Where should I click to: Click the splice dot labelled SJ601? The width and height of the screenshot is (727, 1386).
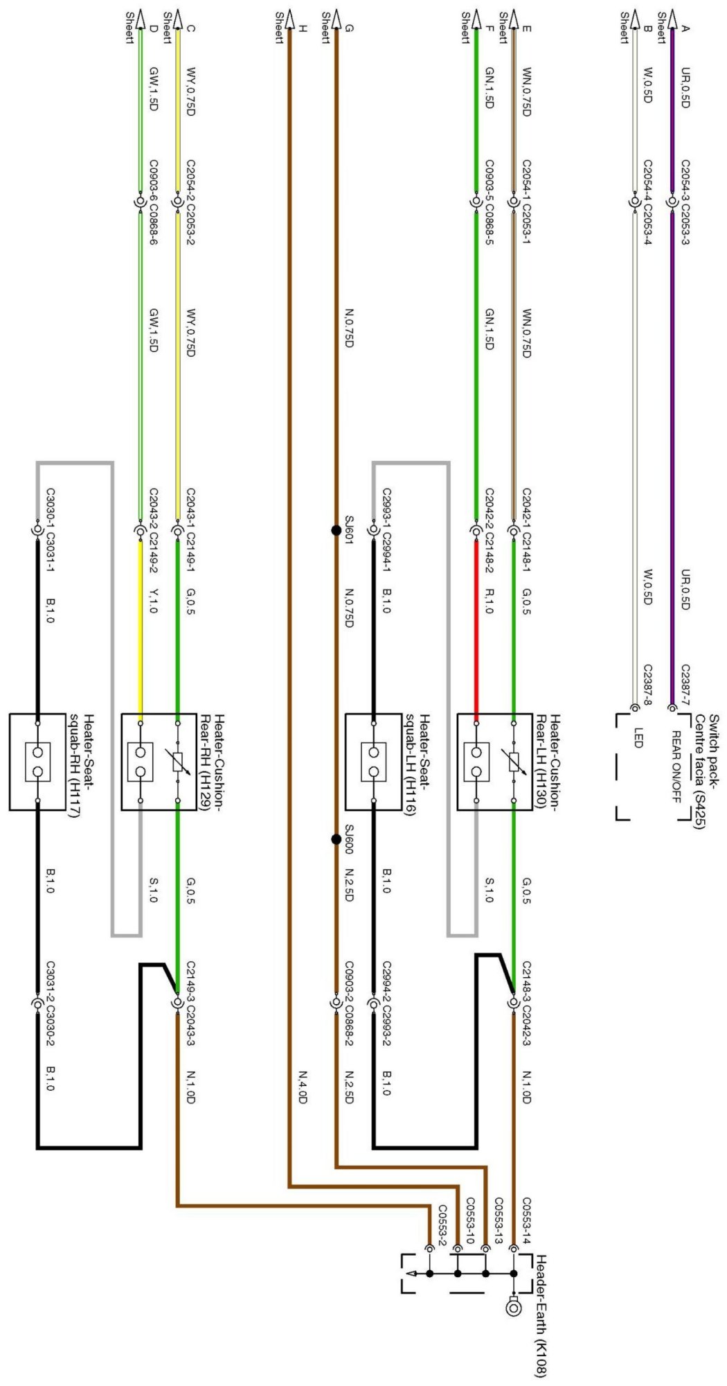point(336,531)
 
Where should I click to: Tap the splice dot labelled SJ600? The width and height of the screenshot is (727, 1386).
point(336,839)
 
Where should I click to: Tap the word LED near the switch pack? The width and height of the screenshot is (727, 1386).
point(638,737)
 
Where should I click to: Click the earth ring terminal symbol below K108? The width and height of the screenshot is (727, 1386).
point(513,1306)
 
